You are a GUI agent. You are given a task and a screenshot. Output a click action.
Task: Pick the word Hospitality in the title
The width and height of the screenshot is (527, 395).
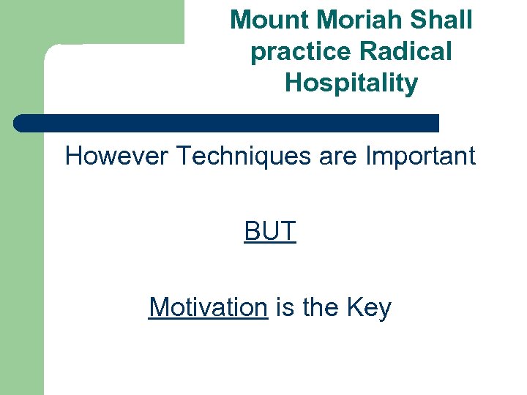point(351,83)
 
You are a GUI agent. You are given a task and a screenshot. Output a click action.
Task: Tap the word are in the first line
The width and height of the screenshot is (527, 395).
point(339,156)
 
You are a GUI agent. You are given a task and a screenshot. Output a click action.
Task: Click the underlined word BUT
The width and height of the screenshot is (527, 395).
point(270,231)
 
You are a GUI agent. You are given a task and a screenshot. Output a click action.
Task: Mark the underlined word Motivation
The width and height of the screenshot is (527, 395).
point(208,307)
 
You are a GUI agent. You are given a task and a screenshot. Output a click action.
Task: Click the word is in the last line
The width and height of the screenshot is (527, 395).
point(285,307)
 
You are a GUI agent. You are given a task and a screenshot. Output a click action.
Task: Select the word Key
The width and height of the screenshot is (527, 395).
point(370,307)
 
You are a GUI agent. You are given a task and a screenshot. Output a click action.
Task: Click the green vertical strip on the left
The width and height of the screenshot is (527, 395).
point(21,256)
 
